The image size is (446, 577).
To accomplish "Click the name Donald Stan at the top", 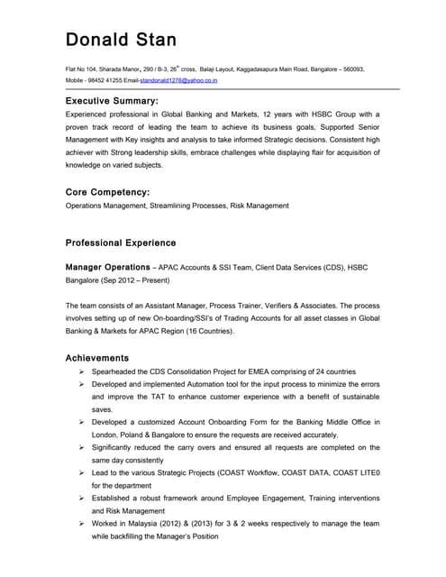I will pos(121,40).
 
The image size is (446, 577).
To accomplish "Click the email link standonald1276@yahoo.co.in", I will pos(178,80).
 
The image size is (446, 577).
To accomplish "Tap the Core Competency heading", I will pos(107,192).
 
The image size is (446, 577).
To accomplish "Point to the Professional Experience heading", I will pos(121,243).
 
